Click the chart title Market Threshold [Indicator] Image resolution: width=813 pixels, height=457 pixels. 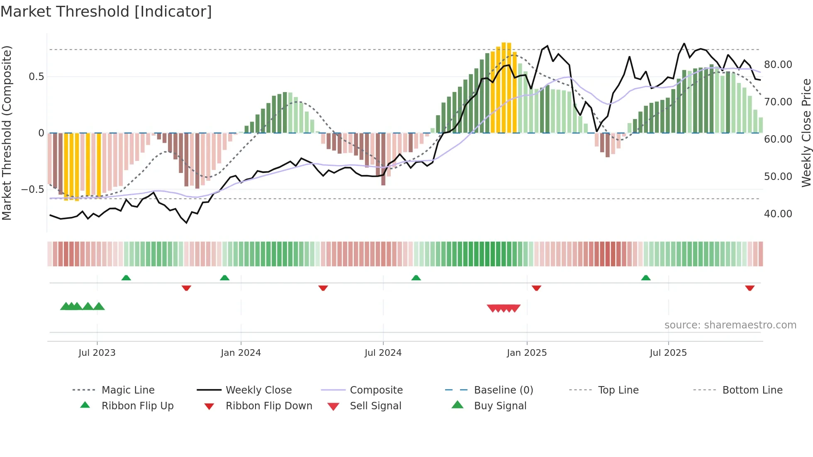coord(106,12)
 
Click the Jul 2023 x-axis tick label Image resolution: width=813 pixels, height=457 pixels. coord(97,353)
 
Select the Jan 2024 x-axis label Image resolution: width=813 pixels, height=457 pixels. coord(241,353)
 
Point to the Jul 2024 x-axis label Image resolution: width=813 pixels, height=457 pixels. coord(383,353)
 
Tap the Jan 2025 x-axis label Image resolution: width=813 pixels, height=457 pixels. coord(527,353)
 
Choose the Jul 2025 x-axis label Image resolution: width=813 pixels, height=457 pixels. coord(668,353)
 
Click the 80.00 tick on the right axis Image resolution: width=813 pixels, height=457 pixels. coord(778,65)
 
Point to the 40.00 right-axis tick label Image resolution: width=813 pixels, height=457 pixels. coord(778,214)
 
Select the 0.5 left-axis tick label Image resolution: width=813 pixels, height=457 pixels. coord(36,77)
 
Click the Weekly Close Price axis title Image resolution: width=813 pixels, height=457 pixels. coord(806,133)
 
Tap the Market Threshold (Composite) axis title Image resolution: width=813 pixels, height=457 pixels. coord(7,133)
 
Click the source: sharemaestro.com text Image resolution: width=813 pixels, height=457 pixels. coord(730,325)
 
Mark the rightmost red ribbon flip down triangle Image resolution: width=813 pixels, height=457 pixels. coord(750,288)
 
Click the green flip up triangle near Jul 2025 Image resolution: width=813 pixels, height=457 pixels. coord(646,278)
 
